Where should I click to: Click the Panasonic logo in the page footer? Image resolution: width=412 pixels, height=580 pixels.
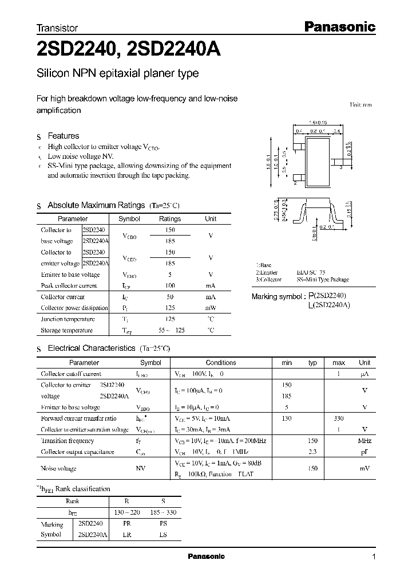point(207,557)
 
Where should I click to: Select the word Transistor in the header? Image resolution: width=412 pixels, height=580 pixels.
point(57,28)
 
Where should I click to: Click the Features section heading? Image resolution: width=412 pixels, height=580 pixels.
point(63,136)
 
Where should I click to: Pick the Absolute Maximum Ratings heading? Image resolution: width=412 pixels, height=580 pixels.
point(96,205)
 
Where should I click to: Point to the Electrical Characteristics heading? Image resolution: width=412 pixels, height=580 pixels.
point(92,348)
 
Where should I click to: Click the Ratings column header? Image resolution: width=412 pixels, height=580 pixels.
point(170,219)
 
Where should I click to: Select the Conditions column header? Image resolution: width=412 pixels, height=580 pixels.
point(221,363)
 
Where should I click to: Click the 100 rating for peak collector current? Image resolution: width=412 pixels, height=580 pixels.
point(170,285)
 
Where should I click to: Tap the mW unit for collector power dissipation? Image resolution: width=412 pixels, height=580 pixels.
point(211,308)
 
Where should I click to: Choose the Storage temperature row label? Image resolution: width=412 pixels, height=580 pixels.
point(66,330)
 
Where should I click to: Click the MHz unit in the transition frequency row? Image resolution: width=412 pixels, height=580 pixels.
point(365,441)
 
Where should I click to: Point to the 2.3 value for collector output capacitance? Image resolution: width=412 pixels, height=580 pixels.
point(312,452)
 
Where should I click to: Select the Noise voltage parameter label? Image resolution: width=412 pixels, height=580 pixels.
point(59,468)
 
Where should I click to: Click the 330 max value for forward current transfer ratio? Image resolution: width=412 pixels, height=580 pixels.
point(339,418)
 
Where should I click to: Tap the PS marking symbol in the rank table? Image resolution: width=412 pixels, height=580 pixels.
point(163,524)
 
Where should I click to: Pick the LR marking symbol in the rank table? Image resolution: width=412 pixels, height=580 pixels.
point(128,534)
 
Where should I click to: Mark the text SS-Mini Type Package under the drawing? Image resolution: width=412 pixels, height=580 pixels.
point(323,280)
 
